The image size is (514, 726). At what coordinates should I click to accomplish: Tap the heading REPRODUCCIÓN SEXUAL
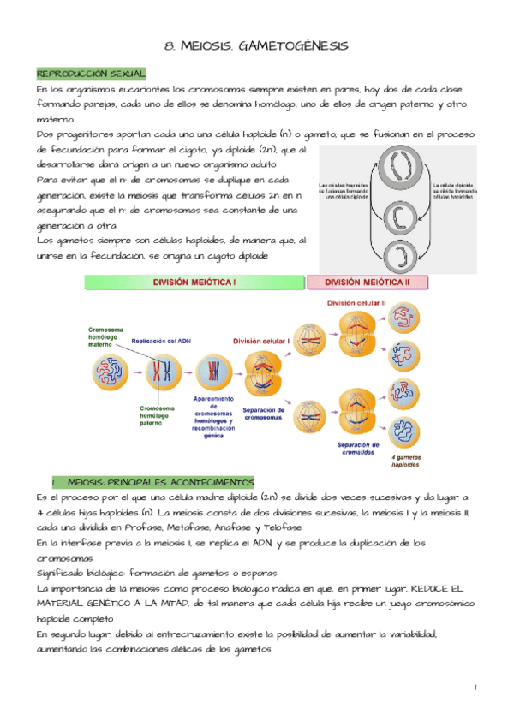tap(91, 74)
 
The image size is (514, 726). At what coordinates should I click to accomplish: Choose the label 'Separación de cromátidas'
tap(359, 449)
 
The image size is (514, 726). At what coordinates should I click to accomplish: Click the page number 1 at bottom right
tap(475, 687)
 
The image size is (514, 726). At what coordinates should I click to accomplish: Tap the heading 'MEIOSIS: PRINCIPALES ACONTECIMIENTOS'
tap(159, 482)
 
